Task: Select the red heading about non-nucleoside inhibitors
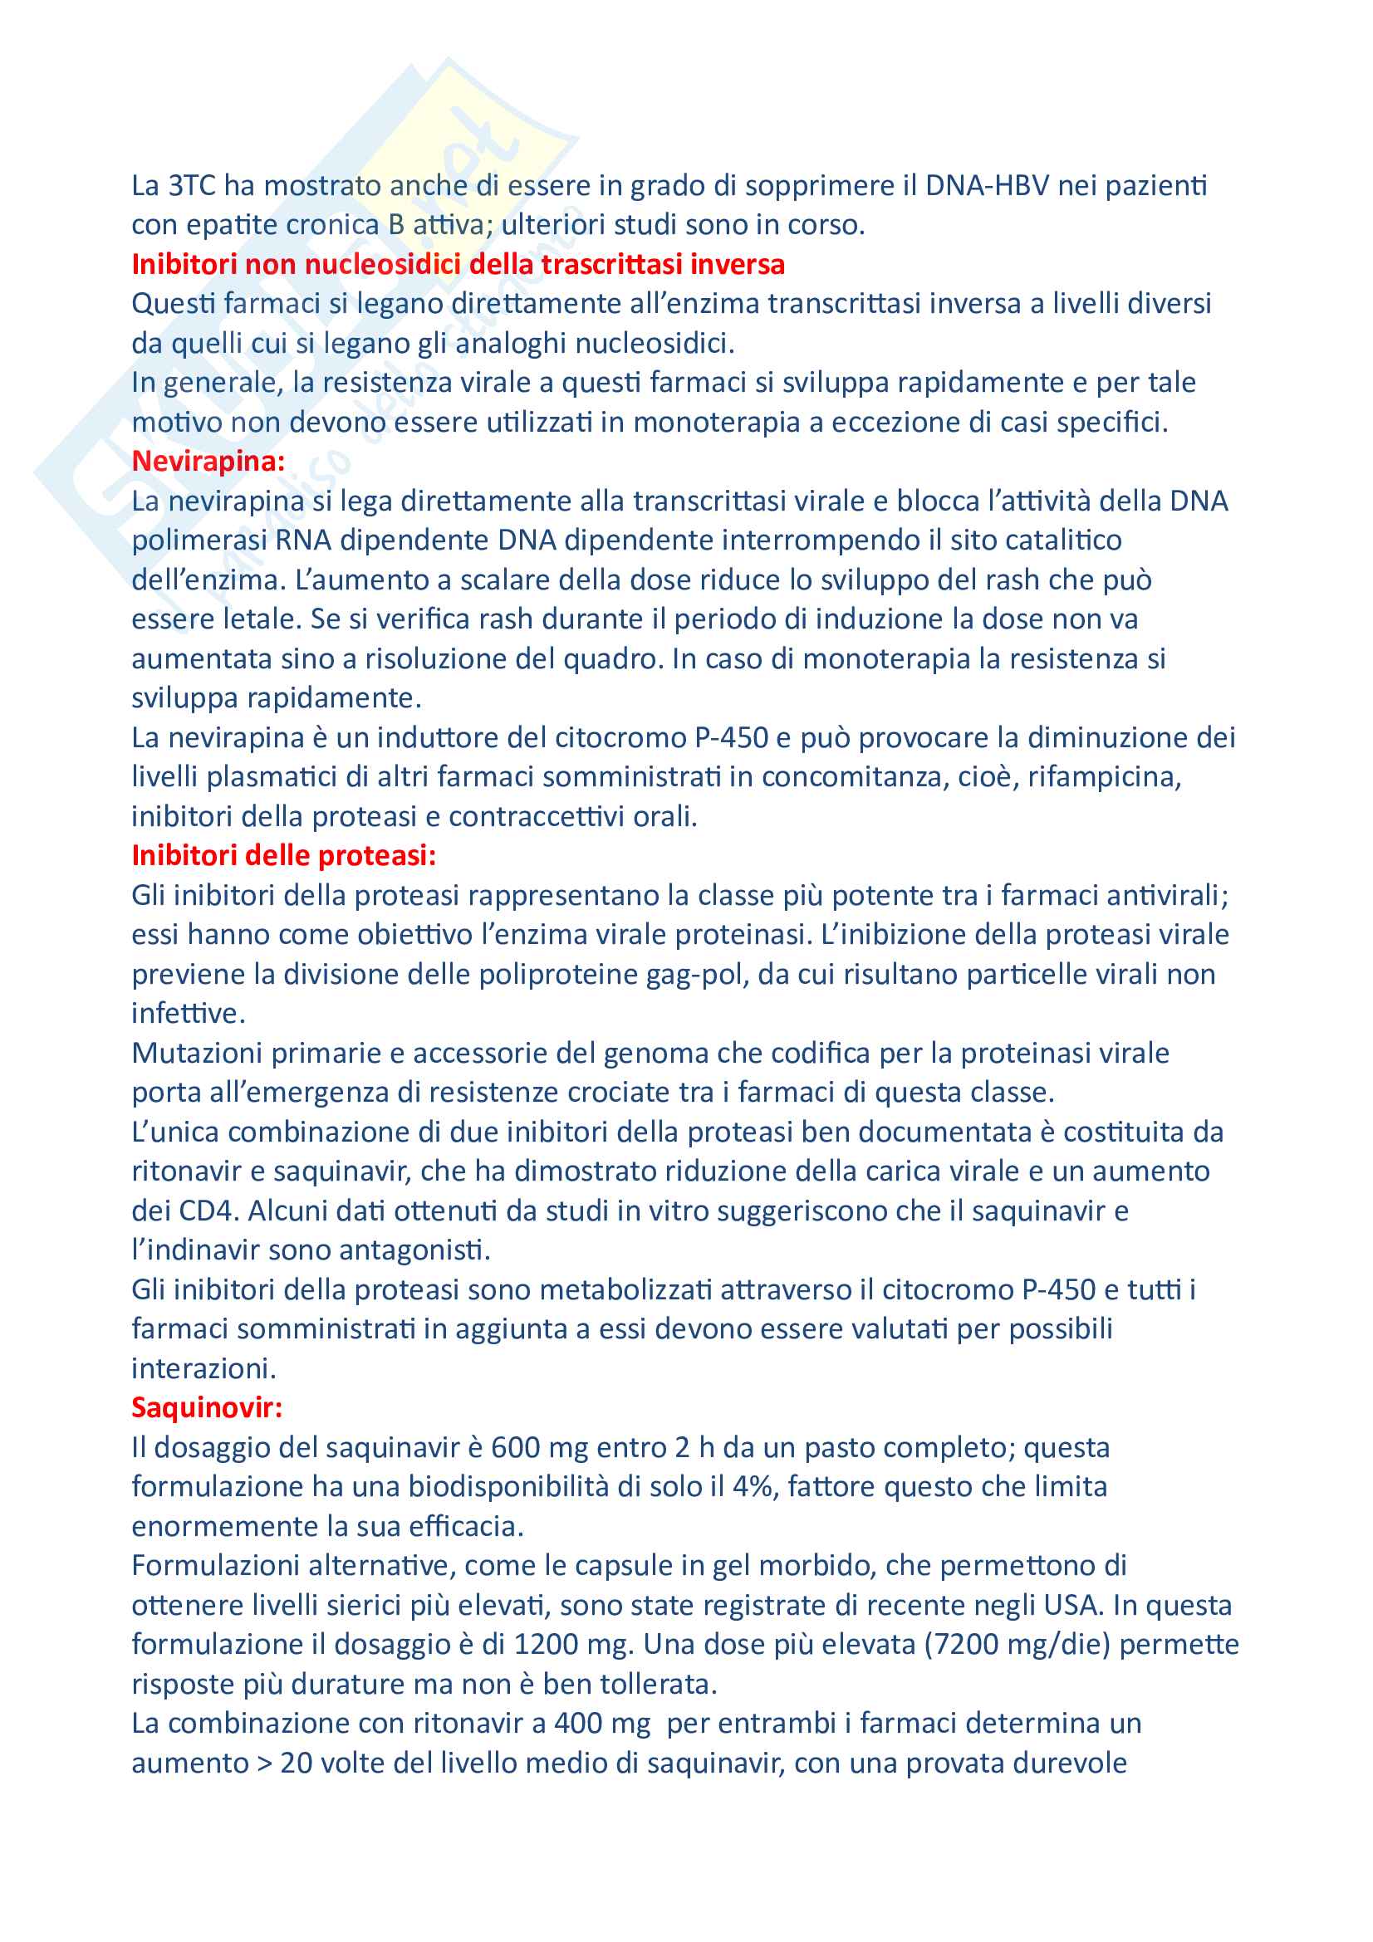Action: tap(458, 264)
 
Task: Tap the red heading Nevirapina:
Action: tap(208, 461)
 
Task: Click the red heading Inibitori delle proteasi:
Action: tap(283, 855)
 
